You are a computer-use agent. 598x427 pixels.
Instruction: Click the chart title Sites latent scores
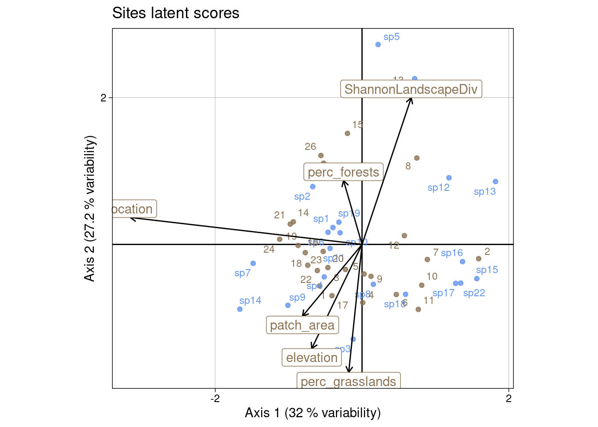click(x=176, y=13)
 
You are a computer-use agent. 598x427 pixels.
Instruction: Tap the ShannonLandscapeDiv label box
click(x=411, y=89)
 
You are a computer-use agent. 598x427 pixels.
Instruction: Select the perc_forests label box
click(x=343, y=172)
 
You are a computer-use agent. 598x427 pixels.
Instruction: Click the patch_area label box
click(x=302, y=325)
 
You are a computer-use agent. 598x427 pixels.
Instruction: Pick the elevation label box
click(x=311, y=358)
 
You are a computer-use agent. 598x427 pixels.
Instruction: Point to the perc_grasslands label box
click(x=348, y=381)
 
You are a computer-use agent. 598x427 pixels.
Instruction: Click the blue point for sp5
click(x=378, y=44)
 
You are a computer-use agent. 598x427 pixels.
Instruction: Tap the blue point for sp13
click(x=496, y=181)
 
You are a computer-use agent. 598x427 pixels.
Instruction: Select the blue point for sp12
click(x=449, y=178)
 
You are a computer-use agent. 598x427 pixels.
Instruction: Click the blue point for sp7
click(x=253, y=263)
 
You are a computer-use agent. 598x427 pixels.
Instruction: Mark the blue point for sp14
click(x=240, y=309)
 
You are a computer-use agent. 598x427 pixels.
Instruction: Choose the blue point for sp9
click(x=288, y=306)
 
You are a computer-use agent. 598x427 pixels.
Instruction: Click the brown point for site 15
click(x=347, y=133)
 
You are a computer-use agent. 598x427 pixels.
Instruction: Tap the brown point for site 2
click(x=479, y=258)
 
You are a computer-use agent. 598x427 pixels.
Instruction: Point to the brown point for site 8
click(x=417, y=158)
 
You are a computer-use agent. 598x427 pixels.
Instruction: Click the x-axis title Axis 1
click(x=313, y=413)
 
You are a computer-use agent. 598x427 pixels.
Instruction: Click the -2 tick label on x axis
click(x=215, y=399)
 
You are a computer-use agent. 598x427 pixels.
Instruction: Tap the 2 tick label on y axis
click(x=104, y=98)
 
